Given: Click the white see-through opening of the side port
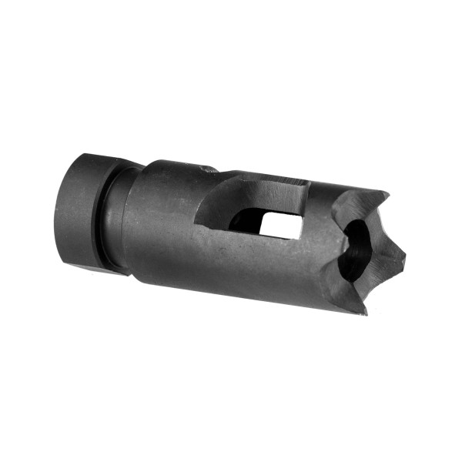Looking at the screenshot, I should pos(280,224).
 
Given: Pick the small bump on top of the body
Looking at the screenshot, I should pos(208,167).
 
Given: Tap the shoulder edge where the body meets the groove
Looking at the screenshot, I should pos(127,219).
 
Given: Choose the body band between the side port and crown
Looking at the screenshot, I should pos(323,246).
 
